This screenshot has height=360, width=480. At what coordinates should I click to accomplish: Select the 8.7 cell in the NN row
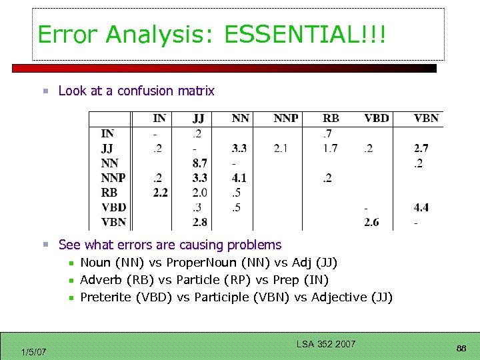click(199, 163)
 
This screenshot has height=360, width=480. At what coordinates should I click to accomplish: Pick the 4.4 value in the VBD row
click(421, 207)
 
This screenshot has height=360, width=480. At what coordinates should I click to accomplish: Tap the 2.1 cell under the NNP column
click(281, 148)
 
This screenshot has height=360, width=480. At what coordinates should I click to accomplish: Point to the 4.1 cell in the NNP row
click(239, 178)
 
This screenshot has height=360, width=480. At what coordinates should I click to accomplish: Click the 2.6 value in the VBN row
click(371, 222)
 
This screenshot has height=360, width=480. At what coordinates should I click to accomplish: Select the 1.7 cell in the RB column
click(330, 148)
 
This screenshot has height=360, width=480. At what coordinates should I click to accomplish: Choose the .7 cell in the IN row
click(328, 133)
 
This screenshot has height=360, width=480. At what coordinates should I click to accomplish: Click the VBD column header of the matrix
click(376, 119)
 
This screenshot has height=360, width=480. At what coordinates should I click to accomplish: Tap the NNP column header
click(286, 119)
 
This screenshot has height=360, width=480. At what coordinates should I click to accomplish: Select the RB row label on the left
click(109, 193)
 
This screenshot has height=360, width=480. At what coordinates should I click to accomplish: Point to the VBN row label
click(113, 222)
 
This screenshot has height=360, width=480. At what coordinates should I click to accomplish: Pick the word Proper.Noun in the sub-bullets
click(197, 263)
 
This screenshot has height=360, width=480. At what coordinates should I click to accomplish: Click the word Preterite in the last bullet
click(105, 297)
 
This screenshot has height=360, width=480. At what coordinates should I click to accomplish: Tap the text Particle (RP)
click(219, 280)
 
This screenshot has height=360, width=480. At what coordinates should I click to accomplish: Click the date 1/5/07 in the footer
click(33, 351)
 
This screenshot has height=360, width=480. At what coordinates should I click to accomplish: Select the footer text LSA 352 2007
click(326, 344)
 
